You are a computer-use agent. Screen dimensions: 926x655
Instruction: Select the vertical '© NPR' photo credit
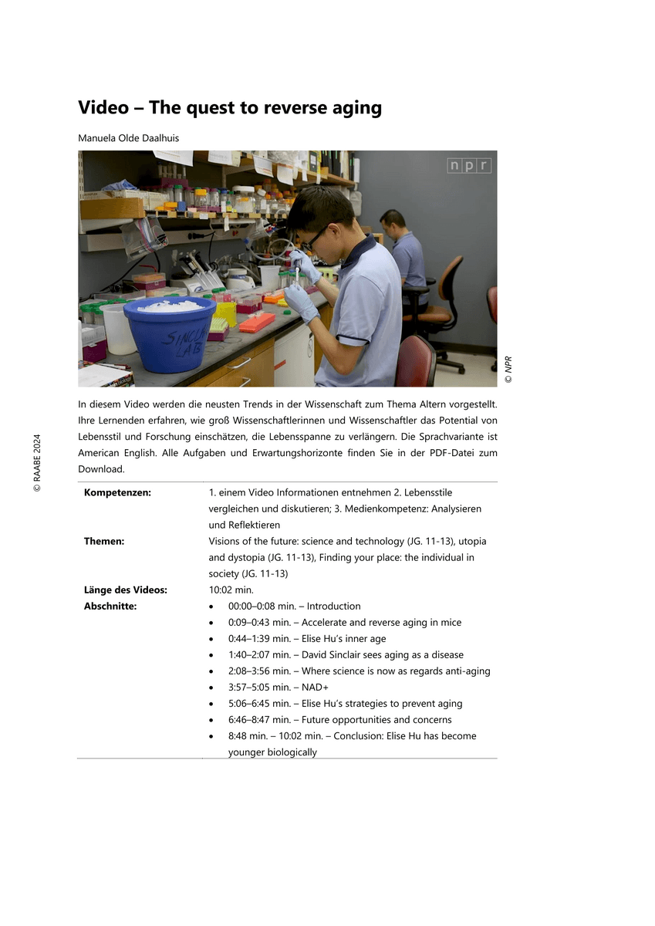[508, 370]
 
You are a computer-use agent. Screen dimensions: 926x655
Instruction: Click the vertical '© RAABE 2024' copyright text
[36, 463]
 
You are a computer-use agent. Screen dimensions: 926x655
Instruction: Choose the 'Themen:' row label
[104, 542]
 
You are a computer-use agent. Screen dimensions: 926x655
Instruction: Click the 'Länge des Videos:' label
[125, 590]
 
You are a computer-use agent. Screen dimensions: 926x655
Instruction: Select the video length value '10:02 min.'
[225, 590]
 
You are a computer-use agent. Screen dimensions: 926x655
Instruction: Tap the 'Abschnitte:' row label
[110, 607]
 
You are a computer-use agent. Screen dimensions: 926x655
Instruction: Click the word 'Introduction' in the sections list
[333, 607]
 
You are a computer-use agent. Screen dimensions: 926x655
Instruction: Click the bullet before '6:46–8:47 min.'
[211, 720]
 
